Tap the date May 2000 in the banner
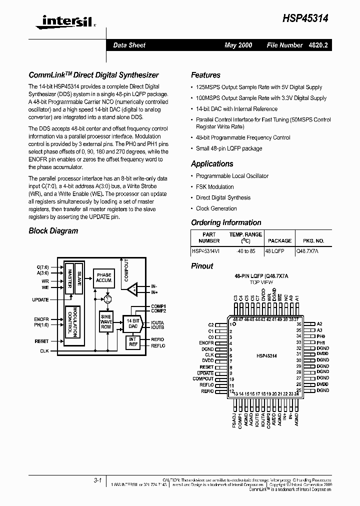[238, 45]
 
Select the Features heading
[205, 75]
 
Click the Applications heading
[212, 164]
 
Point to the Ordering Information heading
[226, 223]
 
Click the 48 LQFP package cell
[274, 251]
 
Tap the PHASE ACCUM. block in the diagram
[104, 277]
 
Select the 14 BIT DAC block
[132, 323]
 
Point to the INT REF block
[133, 342]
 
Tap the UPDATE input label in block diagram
[40, 300]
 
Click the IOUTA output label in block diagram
[157, 323]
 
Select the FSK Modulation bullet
[214, 187]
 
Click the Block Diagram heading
[53, 231]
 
